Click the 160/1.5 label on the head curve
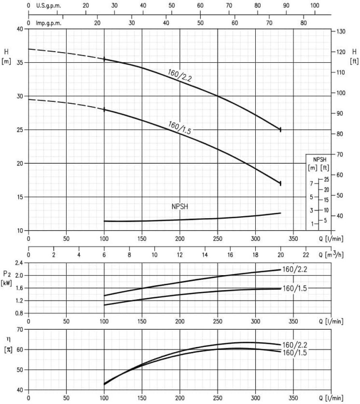pyautogui.click(x=179, y=127)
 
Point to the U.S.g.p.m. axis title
pyautogui.click(x=48, y=6)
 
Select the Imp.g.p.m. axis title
pyautogui.click(x=48, y=23)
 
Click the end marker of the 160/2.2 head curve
pyautogui.click(x=280, y=129)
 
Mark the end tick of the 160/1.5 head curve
pyautogui.click(x=280, y=183)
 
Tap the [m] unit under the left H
pyautogui.click(x=6, y=61)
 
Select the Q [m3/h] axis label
pyautogui.click(x=331, y=255)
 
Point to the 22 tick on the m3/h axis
pyautogui.click(x=306, y=255)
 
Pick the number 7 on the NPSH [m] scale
pyautogui.click(x=311, y=183)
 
